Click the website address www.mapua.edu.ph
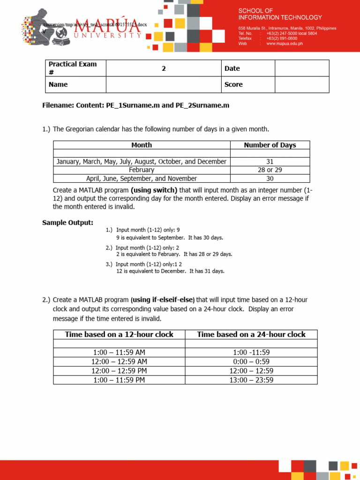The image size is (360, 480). click(x=285, y=44)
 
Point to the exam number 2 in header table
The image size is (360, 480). click(x=164, y=68)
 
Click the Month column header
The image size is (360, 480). click(x=142, y=145)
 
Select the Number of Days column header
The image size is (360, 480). click(x=270, y=145)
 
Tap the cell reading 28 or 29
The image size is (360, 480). click(x=270, y=170)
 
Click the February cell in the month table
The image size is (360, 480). click(x=142, y=170)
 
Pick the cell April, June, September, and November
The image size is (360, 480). click(x=142, y=178)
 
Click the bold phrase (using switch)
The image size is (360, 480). click(x=154, y=190)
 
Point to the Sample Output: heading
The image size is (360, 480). click(x=67, y=223)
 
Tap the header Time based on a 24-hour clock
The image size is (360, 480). click(x=251, y=334)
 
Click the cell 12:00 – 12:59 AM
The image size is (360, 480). click(x=119, y=361)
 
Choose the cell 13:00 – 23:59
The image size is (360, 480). click(x=251, y=380)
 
